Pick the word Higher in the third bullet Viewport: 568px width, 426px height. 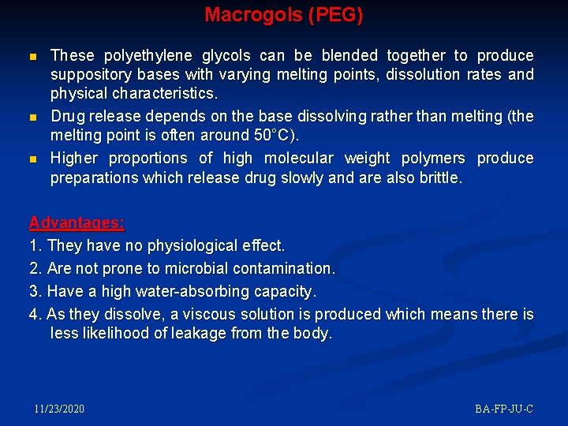[x=74, y=158]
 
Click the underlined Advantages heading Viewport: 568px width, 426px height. [x=77, y=223]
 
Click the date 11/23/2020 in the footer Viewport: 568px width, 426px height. [x=59, y=409]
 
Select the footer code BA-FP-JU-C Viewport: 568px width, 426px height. [x=504, y=409]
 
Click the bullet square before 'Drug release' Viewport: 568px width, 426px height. [x=32, y=118]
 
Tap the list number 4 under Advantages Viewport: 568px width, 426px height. [x=34, y=314]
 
